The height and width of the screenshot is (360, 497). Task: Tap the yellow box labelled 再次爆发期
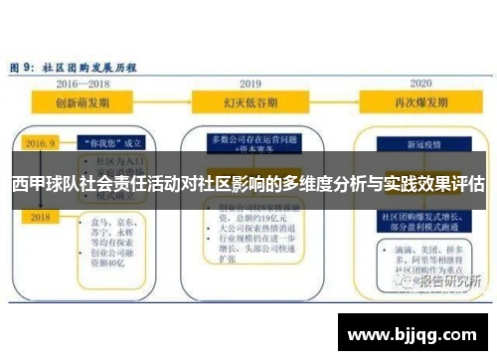[418, 102]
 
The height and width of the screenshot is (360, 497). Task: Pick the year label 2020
[418, 84]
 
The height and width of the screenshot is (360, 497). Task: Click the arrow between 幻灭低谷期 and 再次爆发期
[333, 102]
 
